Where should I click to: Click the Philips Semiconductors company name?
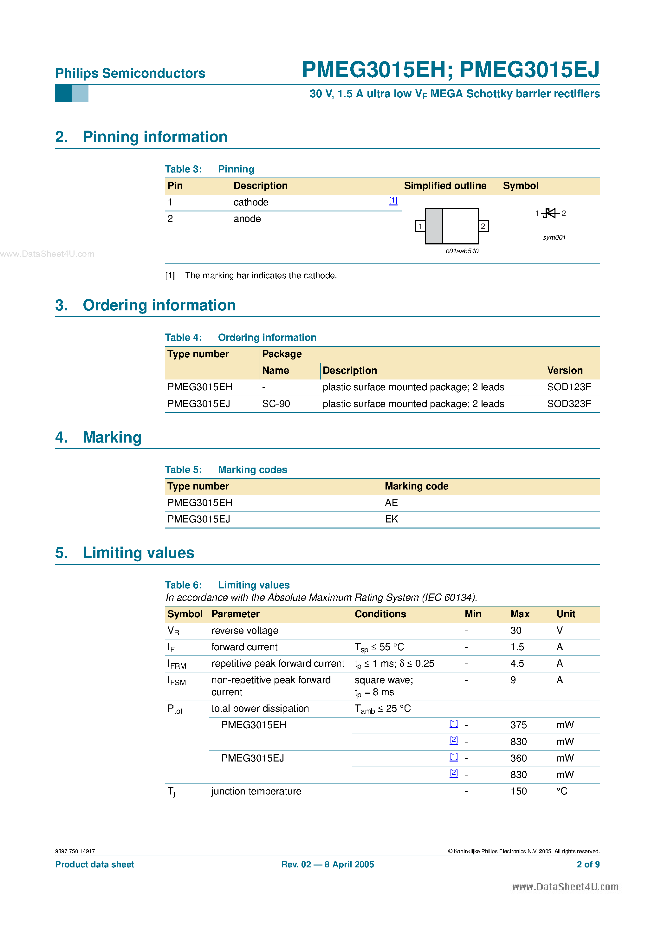(130, 73)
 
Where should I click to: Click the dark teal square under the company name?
(63, 93)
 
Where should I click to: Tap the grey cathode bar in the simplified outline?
(434, 226)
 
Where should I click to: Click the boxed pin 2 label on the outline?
(483, 226)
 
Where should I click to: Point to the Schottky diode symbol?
(550, 213)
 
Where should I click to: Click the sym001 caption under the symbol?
(554, 237)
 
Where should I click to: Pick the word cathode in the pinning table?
(251, 202)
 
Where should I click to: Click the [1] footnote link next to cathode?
(393, 201)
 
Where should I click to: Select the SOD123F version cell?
(568, 387)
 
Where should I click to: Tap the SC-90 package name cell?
(276, 404)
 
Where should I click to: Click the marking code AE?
(391, 503)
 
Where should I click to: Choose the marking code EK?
(391, 519)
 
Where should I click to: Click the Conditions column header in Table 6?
(380, 614)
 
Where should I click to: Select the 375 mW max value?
(518, 725)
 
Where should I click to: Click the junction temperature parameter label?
(256, 791)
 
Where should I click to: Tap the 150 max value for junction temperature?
(518, 791)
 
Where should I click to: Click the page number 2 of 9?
(588, 865)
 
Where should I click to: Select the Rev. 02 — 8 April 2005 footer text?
(327, 865)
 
